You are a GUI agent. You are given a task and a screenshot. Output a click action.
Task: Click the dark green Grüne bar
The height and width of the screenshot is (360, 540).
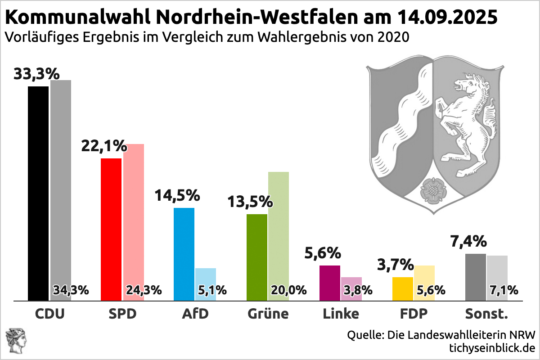pos(257,256)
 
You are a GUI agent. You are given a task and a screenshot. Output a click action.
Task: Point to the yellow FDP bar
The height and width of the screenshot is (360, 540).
pos(403,288)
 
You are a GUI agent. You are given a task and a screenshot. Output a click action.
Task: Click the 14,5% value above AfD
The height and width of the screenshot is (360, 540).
pos(177,196)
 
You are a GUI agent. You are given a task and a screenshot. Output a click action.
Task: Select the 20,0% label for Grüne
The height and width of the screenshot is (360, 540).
pos(288,290)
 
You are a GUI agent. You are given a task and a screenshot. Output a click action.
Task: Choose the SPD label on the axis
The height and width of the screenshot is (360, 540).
pos(122,314)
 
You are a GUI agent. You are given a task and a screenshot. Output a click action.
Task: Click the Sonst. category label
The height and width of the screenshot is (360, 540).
pos(486,314)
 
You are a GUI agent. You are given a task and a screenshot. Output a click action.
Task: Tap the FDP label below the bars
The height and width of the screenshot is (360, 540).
pos(414,314)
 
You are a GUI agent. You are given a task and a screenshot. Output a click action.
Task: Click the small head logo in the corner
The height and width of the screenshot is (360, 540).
pos(16,341)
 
